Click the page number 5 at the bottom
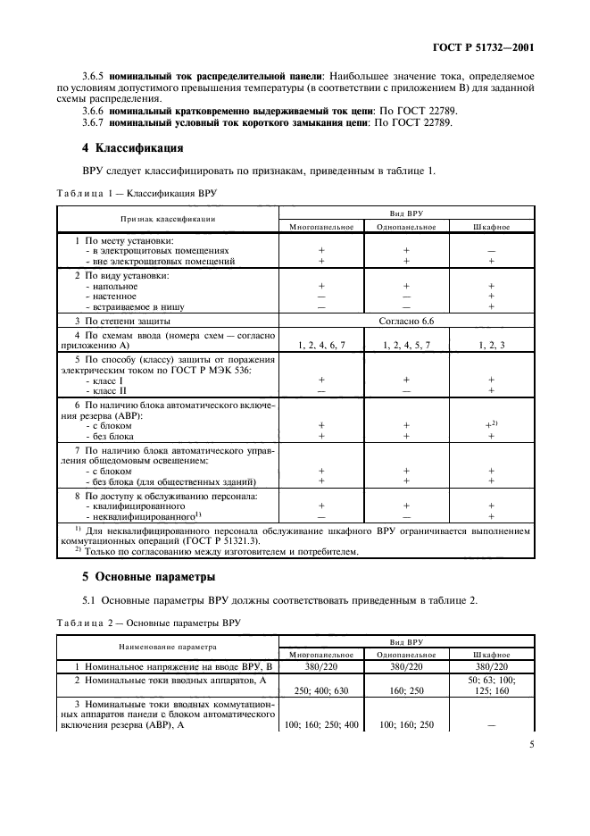click(531, 789)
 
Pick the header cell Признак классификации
click(168, 219)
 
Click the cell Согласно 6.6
click(407, 320)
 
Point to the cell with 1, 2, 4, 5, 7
click(406, 344)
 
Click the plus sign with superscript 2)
click(490, 425)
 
